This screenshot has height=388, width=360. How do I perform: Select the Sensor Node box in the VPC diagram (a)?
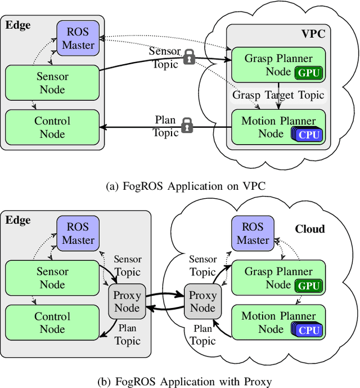click(52, 83)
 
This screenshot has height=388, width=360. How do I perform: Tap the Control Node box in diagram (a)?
click(52, 127)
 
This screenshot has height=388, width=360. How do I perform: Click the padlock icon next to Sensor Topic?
click(189, 56)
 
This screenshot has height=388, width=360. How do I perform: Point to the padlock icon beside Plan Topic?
click(187, 126)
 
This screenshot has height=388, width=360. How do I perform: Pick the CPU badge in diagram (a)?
click(309, 134)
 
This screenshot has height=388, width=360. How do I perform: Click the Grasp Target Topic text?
click(278, 95)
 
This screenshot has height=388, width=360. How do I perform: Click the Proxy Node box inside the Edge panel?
click(127, 301)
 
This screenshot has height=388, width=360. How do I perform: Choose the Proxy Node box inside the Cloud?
click(202, 301)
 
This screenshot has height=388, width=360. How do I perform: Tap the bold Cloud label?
click(310, 229)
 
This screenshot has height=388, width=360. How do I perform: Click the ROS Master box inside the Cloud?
click(253, 233)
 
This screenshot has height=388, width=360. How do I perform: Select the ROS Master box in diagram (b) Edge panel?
click(78, 233)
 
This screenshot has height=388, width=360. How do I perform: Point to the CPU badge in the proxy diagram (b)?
click(309, 330)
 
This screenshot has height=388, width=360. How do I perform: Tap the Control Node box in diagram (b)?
click(52, 323)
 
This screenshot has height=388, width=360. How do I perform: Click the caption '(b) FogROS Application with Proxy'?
click(179, 381)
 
